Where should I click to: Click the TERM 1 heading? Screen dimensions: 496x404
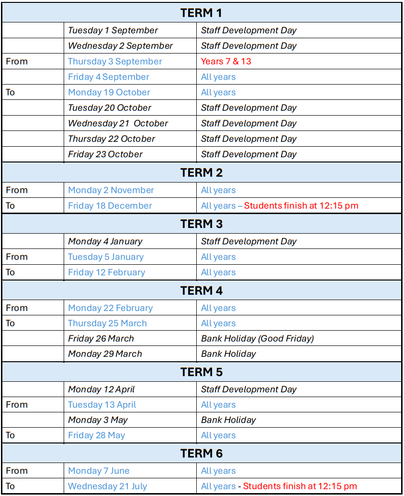(x=201, y=13)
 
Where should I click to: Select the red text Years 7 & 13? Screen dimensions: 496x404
(x=226, y=61)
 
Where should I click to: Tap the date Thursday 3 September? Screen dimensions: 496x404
(x=115, y=61)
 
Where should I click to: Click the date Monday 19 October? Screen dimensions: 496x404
(x=109, y=92)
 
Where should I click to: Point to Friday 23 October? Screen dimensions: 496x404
(x=105, y=154)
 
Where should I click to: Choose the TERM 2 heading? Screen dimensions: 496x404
(x=201, y=173)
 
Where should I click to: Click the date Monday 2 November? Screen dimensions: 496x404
(x=111, y=190)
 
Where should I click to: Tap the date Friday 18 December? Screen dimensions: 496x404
(x=110, y=206)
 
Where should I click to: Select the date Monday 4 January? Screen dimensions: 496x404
(x=105, y=241)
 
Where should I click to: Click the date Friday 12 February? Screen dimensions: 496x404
(x=106, y=272)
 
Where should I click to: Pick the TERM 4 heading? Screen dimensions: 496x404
(x=201, y=291)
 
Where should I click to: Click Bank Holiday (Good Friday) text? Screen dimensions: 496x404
(x=258, y=339)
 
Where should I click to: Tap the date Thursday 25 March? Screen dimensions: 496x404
(x=107, y=323)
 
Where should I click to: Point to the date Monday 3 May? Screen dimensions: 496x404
(x=98, y=420)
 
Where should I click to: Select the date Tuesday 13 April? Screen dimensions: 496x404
(x=102, y=405)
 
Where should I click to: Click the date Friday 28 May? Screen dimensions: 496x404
(x=96, y=435)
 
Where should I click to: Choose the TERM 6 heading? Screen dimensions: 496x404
(x=201, y=453)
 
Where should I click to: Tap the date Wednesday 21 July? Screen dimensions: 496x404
(x=107, y=486)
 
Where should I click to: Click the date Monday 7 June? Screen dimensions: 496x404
(x=99, y=471)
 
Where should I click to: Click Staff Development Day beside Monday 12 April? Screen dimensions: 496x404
(x=249, y=389)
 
